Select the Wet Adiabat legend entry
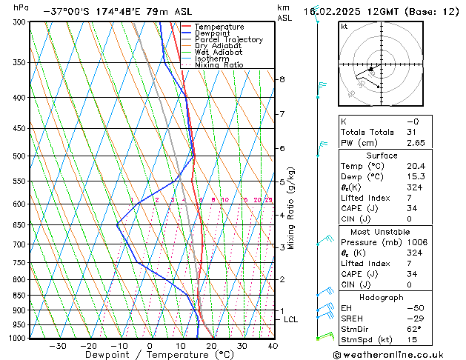tap(214, 52)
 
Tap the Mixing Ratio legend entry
tap(219, 65)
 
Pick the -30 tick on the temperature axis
tap(57, 346)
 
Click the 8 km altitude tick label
tap(282, 79)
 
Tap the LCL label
tap(290, 319)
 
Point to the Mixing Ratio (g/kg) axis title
tap(292, 208)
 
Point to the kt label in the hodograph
tap(344, 27)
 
